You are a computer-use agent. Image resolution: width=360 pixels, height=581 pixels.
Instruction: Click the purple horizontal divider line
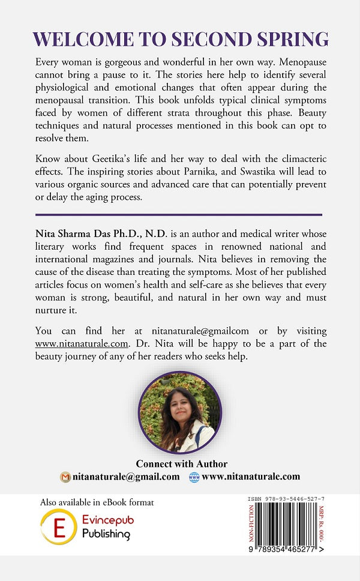(x=179, y=214)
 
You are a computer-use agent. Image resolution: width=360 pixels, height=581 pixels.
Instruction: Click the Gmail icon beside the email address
(x=65, y=477)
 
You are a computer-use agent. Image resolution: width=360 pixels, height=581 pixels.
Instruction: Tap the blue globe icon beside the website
(x=194, y=477)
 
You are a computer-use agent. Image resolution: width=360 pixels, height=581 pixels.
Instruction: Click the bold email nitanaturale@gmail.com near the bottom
(x=125, y=477)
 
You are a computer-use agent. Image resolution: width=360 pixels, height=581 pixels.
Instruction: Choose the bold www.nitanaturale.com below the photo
(x=251, y=477)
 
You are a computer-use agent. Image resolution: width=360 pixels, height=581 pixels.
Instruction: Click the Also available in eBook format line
(x=97, y=502)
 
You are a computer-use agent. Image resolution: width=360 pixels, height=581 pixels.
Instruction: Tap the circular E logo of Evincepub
(x=59, y=526)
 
